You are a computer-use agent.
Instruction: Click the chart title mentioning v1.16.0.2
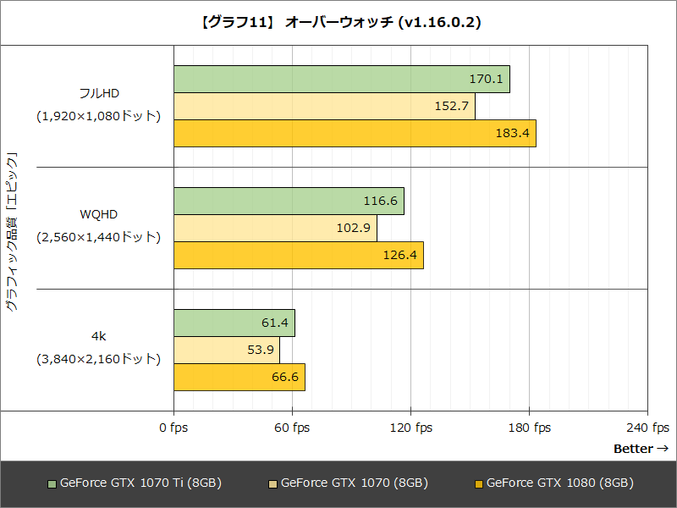[338, 23]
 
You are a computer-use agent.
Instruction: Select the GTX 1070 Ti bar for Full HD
[341, 80]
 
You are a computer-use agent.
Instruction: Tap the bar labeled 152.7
[324, 107]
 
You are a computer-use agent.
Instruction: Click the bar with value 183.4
[355, 134]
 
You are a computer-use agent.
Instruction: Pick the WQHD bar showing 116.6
[289, 202]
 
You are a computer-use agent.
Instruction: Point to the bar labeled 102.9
[275, 229]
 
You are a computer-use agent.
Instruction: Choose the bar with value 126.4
[298, 256]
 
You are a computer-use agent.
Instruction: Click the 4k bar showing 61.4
[234, 323]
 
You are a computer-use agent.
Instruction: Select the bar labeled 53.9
[226, 351]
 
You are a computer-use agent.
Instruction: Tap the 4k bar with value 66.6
[239, 378]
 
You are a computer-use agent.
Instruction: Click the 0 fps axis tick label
[173, 428]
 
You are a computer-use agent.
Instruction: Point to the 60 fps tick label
[292, 428]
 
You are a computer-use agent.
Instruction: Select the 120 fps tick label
[410, 428]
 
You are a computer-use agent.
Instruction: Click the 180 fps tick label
[529, 428]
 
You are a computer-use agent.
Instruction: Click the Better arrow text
[641, 449]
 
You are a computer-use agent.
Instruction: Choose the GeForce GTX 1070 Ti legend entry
[135, 483]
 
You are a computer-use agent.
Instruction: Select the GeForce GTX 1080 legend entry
[554, 483]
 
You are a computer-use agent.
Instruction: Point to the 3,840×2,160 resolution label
[98, 359]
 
